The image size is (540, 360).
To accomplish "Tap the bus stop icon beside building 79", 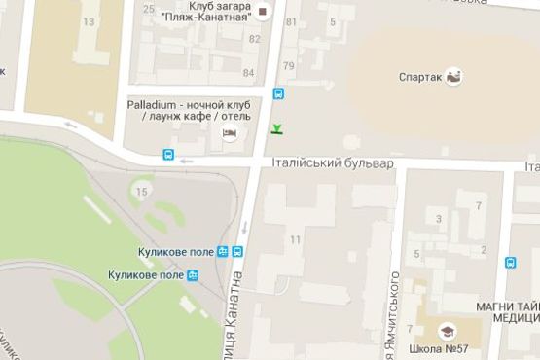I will tap(279, 94).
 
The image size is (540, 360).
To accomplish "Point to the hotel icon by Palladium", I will tap(230, 133).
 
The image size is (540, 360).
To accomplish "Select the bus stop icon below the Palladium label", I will tap(168, 154).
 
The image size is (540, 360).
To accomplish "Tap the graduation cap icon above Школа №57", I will tap(448, 330).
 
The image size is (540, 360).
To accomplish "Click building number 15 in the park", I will tap(142, 192).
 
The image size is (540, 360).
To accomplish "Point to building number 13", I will tap(90, 20).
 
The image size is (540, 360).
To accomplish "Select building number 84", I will tap(249, 73).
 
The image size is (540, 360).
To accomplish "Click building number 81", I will tap(289, 21).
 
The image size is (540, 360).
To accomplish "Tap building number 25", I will tap(149, 9).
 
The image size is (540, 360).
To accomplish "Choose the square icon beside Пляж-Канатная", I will tap(262, 13).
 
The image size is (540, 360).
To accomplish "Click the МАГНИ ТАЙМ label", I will tap(506, 306).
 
